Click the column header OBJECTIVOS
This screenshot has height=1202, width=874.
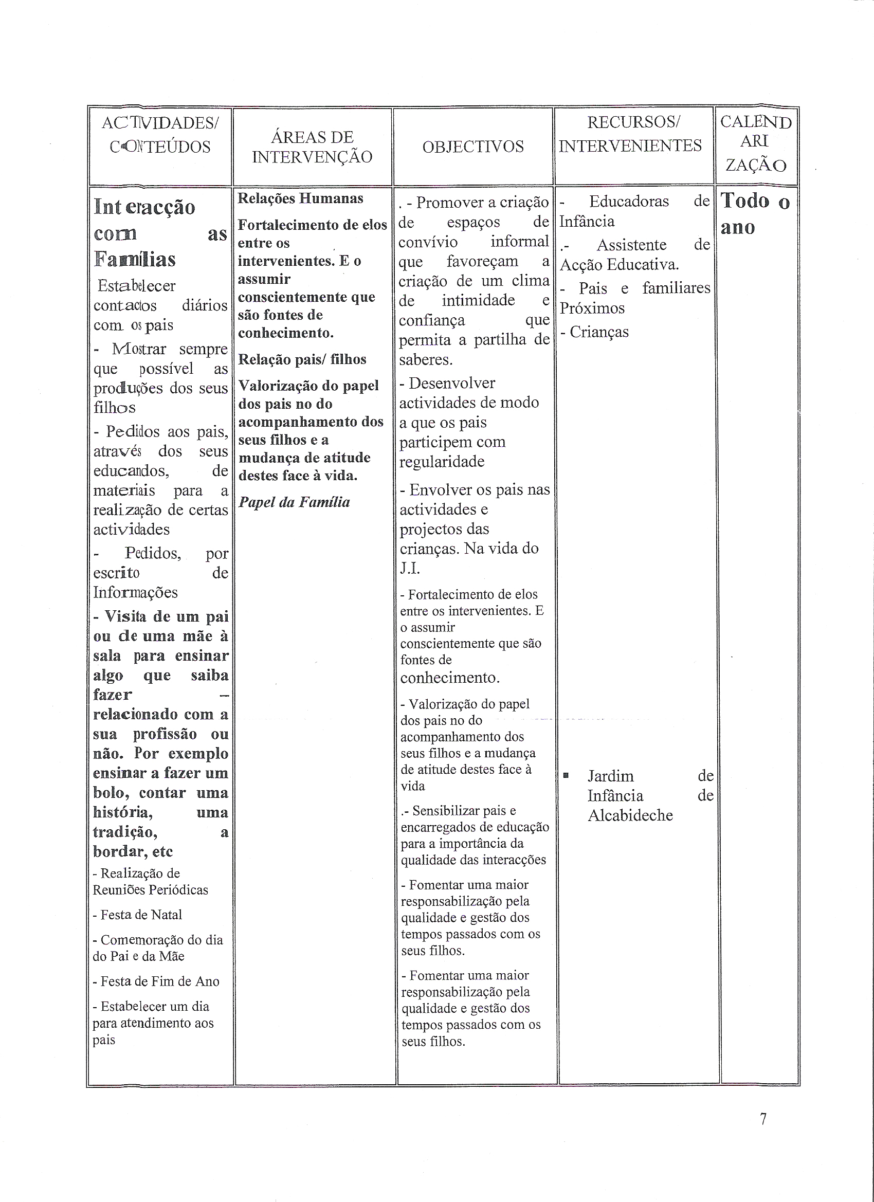(x=473, y=147)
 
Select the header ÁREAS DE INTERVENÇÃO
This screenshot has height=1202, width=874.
(x=312, y=147)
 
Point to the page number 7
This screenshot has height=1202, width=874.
(x=763, y=1119)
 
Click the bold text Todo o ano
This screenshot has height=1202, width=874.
(x=755, y=213)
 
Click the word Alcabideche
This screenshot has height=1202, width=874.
(x=630, y=815)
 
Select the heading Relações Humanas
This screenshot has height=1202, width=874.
(x=300, y=199)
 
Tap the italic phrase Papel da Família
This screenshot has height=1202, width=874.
(x=294, y=502)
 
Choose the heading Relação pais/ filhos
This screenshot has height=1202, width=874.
(x=302, y=359)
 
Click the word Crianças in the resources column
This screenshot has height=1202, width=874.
(x=599, y=332)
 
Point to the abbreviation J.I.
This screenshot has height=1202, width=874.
(x=410, y=568)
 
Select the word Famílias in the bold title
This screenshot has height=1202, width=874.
(x=135, y=260)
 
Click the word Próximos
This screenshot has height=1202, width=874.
(x=592, y=308)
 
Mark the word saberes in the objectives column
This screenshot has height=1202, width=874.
(x=426, y=360)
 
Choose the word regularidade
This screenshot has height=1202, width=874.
(x=442, y=462)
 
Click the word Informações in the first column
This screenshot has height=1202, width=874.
(x=135, y=593)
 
